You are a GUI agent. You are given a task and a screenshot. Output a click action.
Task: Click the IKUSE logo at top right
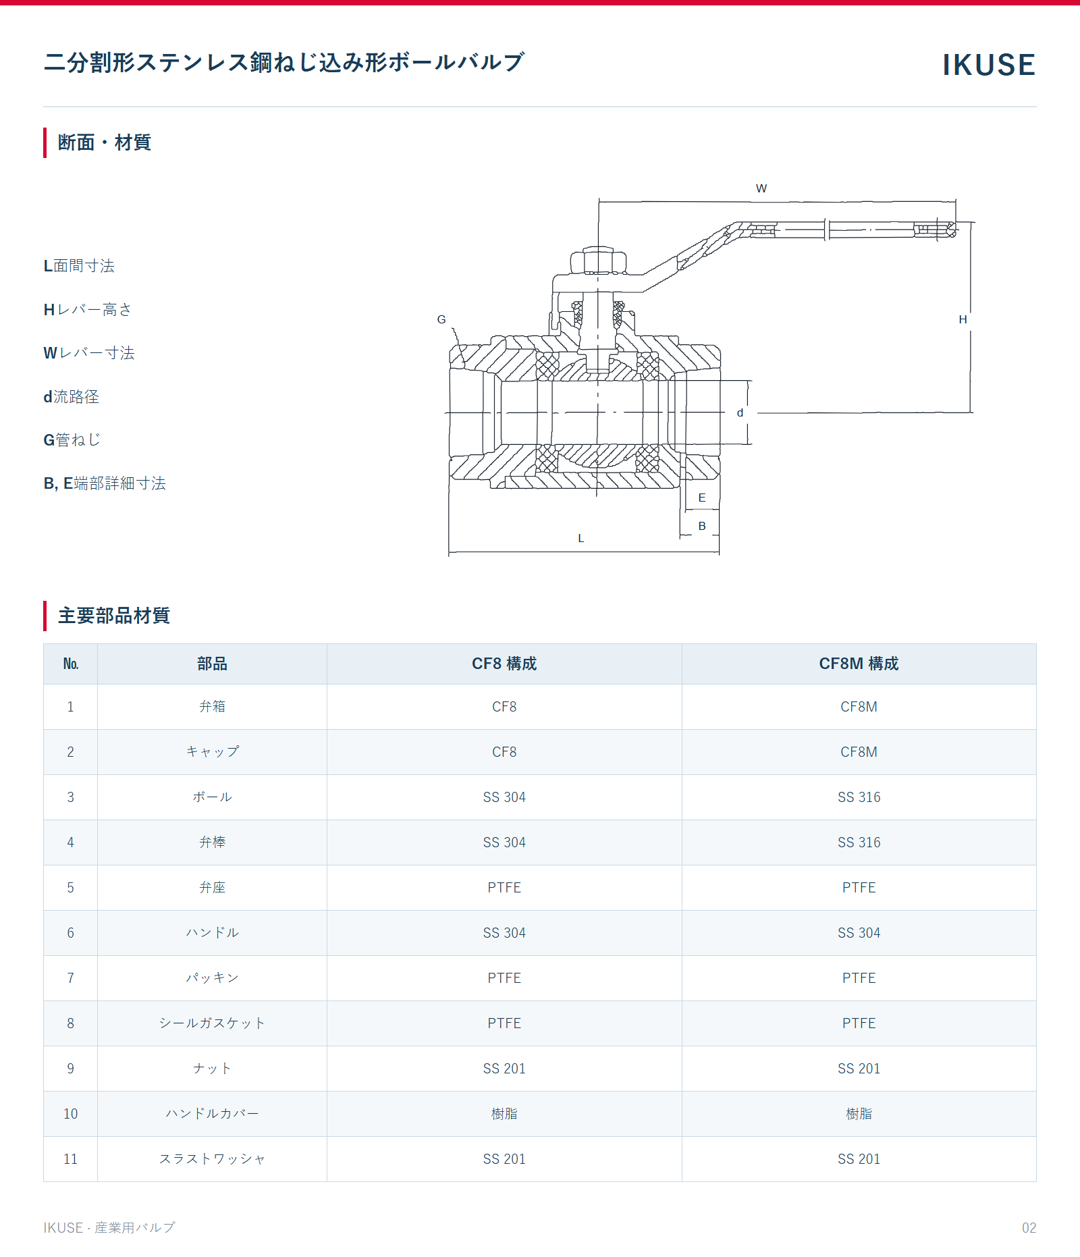coord(989,65)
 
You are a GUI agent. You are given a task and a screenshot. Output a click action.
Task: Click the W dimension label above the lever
coord(761,188)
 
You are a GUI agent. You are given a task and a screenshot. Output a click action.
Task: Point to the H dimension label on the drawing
coord(963,319)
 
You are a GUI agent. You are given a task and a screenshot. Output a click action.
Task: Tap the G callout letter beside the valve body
coord(441,319)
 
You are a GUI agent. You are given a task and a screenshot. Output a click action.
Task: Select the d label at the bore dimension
coord(740,412)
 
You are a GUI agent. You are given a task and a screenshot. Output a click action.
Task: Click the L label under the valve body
coord(581,538)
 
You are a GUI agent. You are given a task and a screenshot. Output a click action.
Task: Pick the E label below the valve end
coord(702,498)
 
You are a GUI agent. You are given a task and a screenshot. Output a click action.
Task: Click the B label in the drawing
coord(702,526)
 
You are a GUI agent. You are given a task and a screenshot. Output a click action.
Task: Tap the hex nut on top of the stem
coord(598,260)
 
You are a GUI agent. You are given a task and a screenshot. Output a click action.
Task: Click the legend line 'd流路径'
coord(72,397)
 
